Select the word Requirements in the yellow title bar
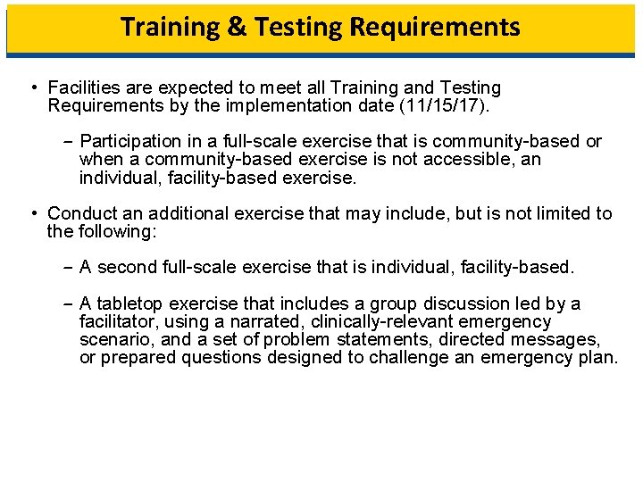click(435, 27)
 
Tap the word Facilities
click(81, 87)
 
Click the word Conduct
click(79, 213)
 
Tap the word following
click(115, 231)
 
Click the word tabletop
click(129, 303)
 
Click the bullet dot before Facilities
click(31, 87)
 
